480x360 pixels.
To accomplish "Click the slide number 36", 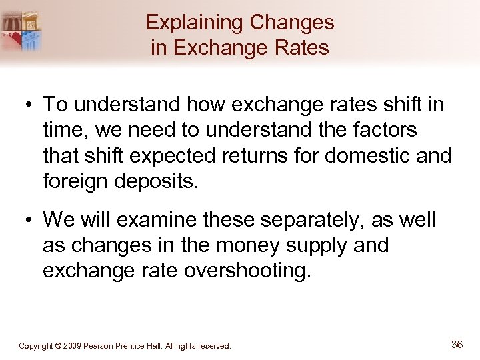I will pyautogui.click(x=457, y=345).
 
